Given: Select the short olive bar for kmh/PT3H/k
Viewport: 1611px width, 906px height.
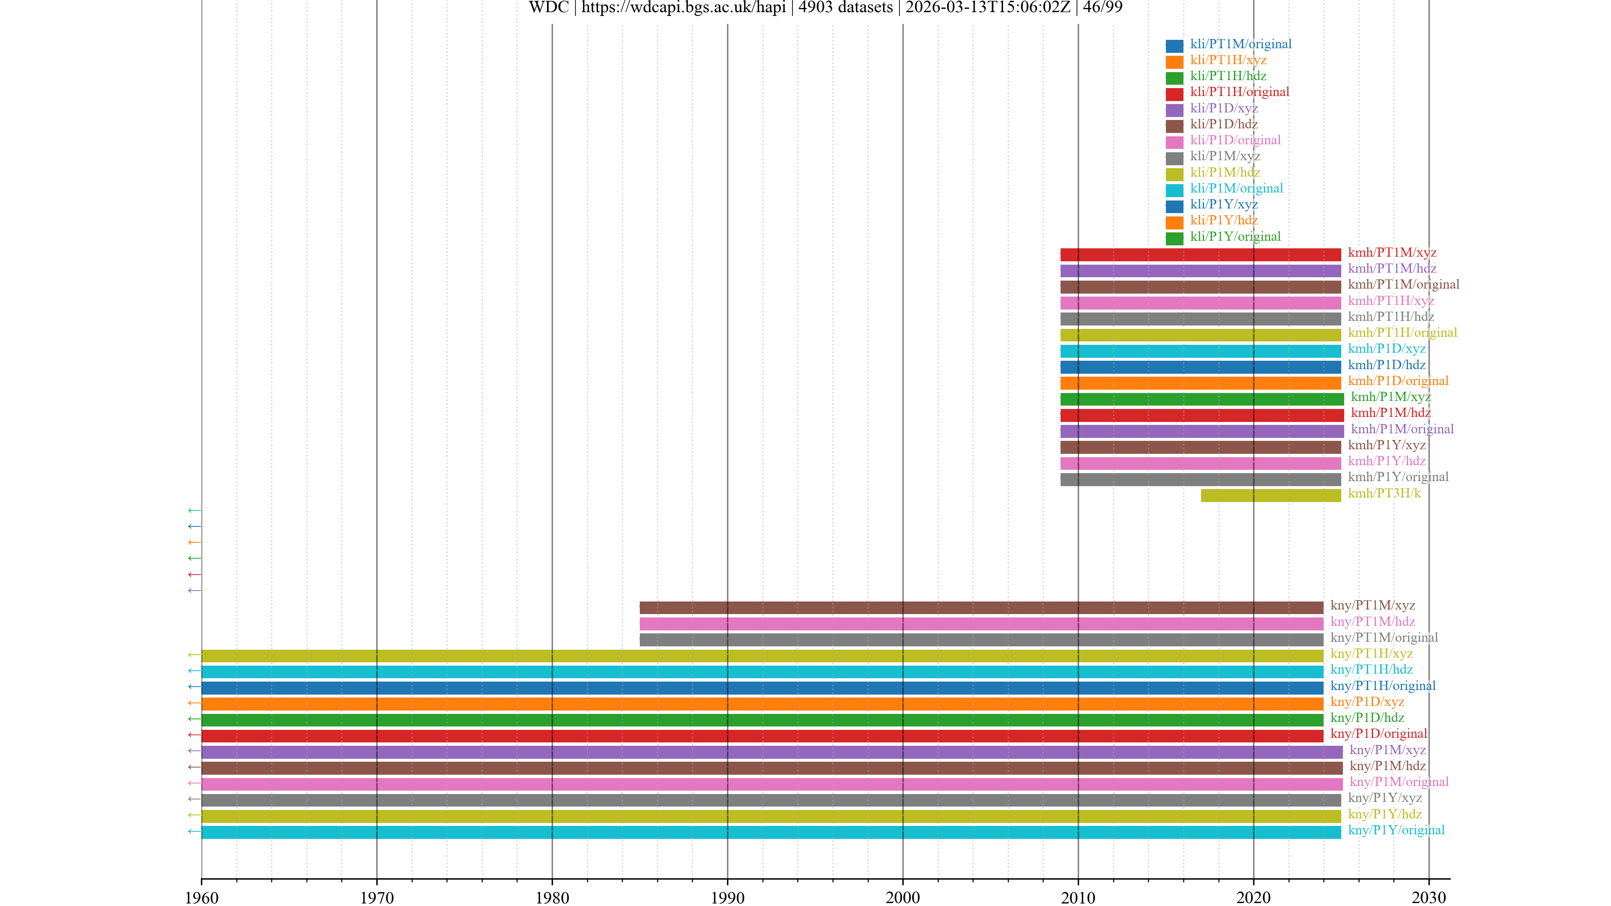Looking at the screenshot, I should [1270, 496].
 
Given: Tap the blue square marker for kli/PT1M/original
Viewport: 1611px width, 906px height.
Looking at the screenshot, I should [1174, 46].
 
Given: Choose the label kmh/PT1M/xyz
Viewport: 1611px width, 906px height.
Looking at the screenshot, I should [1392, 253].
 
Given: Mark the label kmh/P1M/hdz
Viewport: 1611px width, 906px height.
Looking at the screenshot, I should [1390, 413].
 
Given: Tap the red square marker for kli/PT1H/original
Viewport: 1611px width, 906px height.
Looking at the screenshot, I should [1174, 94].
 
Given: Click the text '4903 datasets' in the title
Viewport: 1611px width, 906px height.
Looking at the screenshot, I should [845, 8].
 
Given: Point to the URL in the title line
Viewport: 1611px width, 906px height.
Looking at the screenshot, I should [683, 8].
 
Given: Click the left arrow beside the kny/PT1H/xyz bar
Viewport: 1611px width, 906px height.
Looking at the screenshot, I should [194, 655].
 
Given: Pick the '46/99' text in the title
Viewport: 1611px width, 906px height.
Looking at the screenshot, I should [1102, 8].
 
